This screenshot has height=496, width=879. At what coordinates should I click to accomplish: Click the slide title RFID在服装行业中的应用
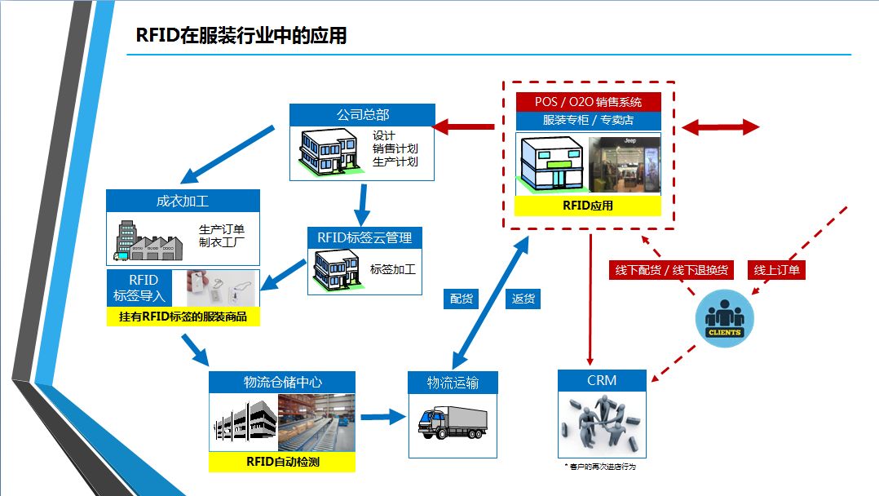click(241, 36)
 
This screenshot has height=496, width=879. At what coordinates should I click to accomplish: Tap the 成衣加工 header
click(183, 201)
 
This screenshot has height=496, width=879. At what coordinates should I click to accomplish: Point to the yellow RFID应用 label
click(588, 206)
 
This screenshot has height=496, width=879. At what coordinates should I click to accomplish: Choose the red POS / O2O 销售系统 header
click(588, 102)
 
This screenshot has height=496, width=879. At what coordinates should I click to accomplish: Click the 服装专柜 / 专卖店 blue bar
click(588, 120)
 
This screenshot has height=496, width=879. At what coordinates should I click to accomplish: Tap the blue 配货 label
click(462, 299)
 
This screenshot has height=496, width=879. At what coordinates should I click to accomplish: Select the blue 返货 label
click(523, 299)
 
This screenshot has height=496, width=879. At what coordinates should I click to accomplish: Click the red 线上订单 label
click(776, 270)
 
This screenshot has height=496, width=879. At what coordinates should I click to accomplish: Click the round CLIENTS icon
click(724, 318)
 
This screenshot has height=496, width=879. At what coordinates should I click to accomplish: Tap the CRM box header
click(602, 380)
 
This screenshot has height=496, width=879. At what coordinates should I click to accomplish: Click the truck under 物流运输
click(452, 422)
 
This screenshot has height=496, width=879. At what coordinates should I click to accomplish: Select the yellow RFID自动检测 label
click(282, 463)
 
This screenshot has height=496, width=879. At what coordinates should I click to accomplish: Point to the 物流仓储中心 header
click(282, 382)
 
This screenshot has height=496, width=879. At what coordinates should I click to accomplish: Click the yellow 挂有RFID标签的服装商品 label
click(183, 317)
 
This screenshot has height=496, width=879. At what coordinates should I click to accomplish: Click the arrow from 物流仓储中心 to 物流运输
click(382, 417)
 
